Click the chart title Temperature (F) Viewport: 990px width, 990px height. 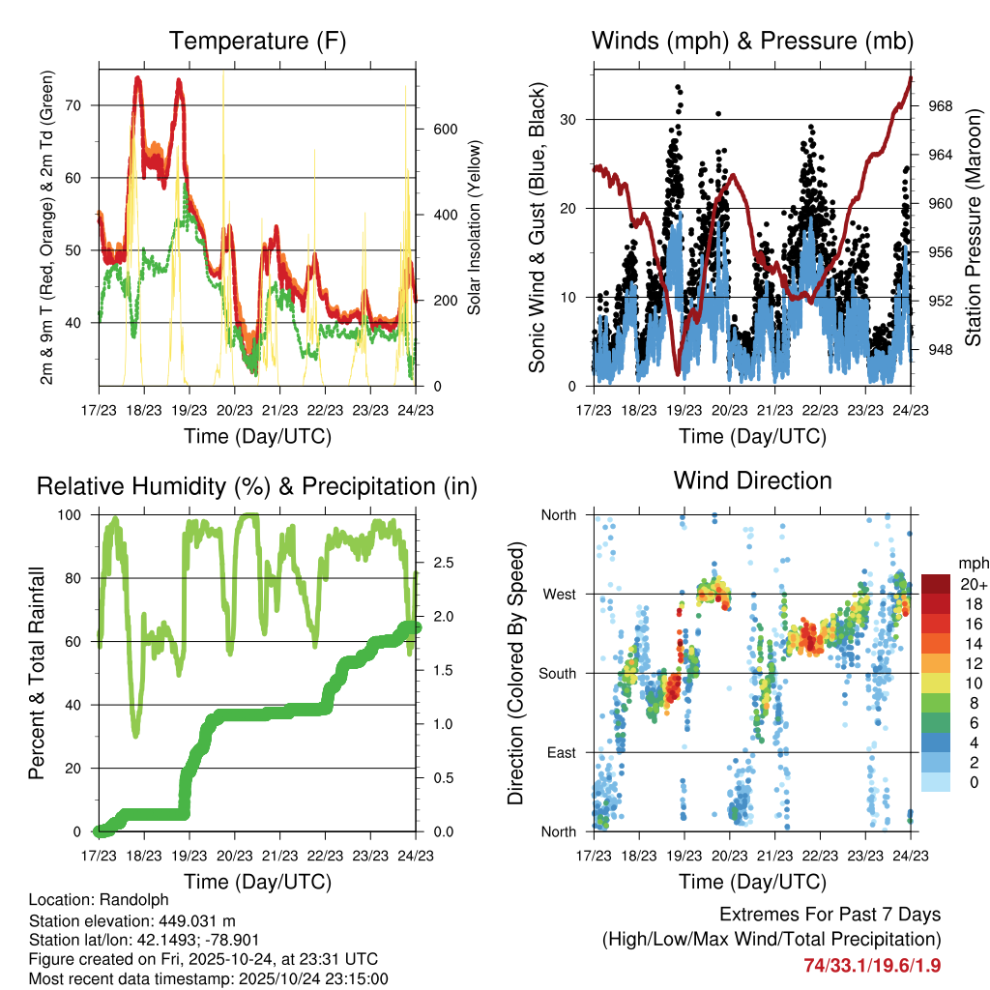coord(257,42)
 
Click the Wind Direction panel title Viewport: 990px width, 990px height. coord(752,480)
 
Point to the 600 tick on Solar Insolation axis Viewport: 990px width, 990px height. coord(444,130)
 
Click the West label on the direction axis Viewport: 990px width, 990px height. coord(559,594)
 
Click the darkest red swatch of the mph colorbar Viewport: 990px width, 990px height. coord(935,584)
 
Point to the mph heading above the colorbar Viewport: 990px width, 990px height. coord(971,563)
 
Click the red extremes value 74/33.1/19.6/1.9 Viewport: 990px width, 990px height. coord(871,965)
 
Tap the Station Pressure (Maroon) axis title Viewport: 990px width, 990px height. coord(975,228)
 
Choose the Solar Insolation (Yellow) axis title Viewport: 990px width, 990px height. coord(474,228)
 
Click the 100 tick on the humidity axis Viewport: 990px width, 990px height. coord(75,514)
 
